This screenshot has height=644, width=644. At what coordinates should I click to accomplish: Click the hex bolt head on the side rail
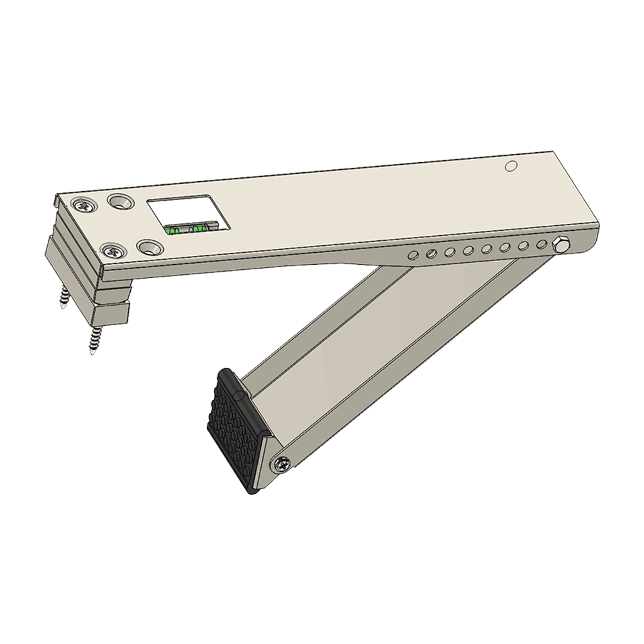(x=558, y=243)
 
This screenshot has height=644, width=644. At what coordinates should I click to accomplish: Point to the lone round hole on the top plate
(x=511, y=166)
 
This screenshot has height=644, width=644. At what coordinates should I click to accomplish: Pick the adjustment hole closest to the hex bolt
(x=541, y=244)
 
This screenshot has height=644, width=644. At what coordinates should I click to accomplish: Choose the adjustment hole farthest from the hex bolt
(x=413, y=255)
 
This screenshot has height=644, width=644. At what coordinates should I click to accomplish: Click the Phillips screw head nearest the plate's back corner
(x=82, y=205)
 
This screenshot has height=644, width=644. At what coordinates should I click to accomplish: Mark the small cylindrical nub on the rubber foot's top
(x=240, y=395)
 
